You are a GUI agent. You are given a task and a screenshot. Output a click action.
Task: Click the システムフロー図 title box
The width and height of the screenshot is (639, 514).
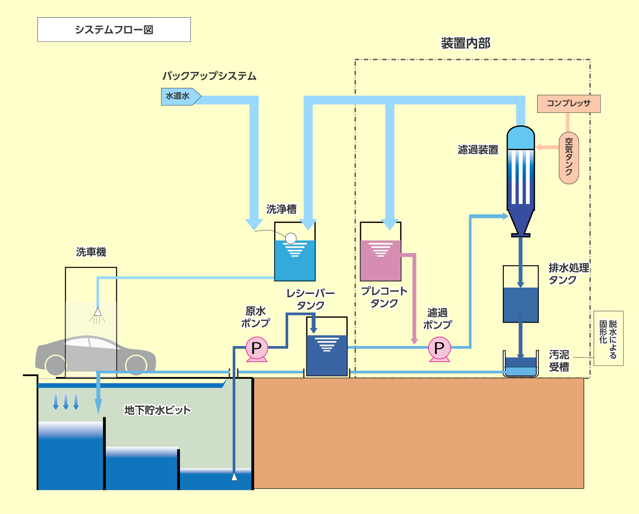(x=114, y=30)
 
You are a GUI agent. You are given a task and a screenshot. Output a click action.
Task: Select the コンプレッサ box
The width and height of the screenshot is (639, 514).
(x=568, y=104)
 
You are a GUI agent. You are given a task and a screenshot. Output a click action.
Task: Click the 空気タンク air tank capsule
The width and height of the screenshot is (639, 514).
(x=568, y=158)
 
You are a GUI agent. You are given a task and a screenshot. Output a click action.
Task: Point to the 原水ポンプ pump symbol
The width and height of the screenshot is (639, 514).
(x=256, y=349)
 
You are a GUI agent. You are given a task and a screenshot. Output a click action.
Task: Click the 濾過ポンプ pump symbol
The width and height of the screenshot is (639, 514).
(x=439, y=349)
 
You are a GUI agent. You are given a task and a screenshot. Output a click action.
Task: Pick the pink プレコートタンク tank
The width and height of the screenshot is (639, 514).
(x=380, y=260)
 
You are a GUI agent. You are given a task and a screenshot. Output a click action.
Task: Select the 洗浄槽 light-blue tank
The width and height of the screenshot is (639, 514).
(x=295, y=260)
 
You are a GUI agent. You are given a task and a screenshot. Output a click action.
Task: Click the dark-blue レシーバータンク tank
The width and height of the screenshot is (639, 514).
(x=327, y=355)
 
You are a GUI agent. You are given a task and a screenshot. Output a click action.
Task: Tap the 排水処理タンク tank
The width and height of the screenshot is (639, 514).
(x=520, y=304)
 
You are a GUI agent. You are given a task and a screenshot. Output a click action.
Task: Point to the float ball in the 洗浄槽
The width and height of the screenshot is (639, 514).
(x=291, y=238)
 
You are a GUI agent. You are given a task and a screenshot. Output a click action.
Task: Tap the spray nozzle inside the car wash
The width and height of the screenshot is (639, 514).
(x=97, y=312)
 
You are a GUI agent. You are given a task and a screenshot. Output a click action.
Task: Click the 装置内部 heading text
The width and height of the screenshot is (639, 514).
(x=465, y=43)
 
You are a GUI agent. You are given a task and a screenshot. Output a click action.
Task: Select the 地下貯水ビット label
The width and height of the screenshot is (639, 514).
(x=157, y=410)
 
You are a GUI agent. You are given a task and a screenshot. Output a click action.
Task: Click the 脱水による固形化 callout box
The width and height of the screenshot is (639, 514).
(x=608, y=338)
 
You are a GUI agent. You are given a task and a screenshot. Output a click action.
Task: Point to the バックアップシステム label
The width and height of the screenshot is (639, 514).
(x=209, y=76)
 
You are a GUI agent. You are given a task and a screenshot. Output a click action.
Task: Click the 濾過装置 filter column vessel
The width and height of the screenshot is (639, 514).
(x=520, y=176)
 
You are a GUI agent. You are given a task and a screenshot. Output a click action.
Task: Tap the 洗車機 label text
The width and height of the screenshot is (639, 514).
(x=91, y=252)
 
